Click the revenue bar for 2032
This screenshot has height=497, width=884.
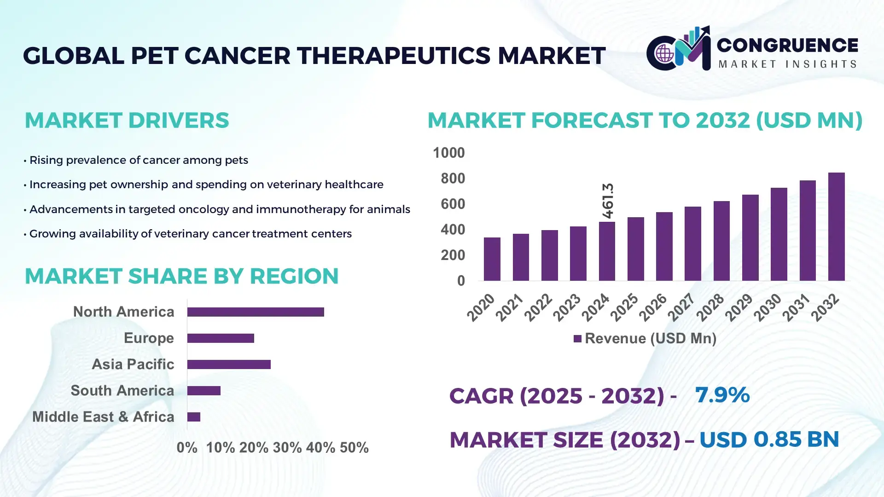(x=836, y=226)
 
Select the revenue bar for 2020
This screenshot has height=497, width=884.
(x=492, y=259)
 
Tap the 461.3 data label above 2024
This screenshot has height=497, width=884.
(x=608, y=201)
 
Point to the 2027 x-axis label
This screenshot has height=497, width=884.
(x=681, y=307)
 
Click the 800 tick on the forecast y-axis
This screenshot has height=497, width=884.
(x=453, y=179)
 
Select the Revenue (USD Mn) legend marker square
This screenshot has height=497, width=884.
(x=577, y=339)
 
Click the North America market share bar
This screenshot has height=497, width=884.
(x=256, y=312)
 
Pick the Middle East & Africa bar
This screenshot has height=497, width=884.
(x=194, y=417)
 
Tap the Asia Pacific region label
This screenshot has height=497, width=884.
(x=133, y=364)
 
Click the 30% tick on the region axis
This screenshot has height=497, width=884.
(x=287, y=447)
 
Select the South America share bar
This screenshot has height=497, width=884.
(x=204, y=391)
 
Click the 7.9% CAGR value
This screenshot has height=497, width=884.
(x=722, y=395)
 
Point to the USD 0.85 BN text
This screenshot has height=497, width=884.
(x=769, y=439)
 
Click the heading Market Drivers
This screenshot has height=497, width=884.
(x=127, y=121)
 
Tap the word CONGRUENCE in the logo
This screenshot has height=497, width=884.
(x=787, y=45)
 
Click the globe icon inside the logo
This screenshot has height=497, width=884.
(x=664, y=54)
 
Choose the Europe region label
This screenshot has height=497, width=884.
(x=149, y=338)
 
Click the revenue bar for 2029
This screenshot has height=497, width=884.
(x=750, y=237)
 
